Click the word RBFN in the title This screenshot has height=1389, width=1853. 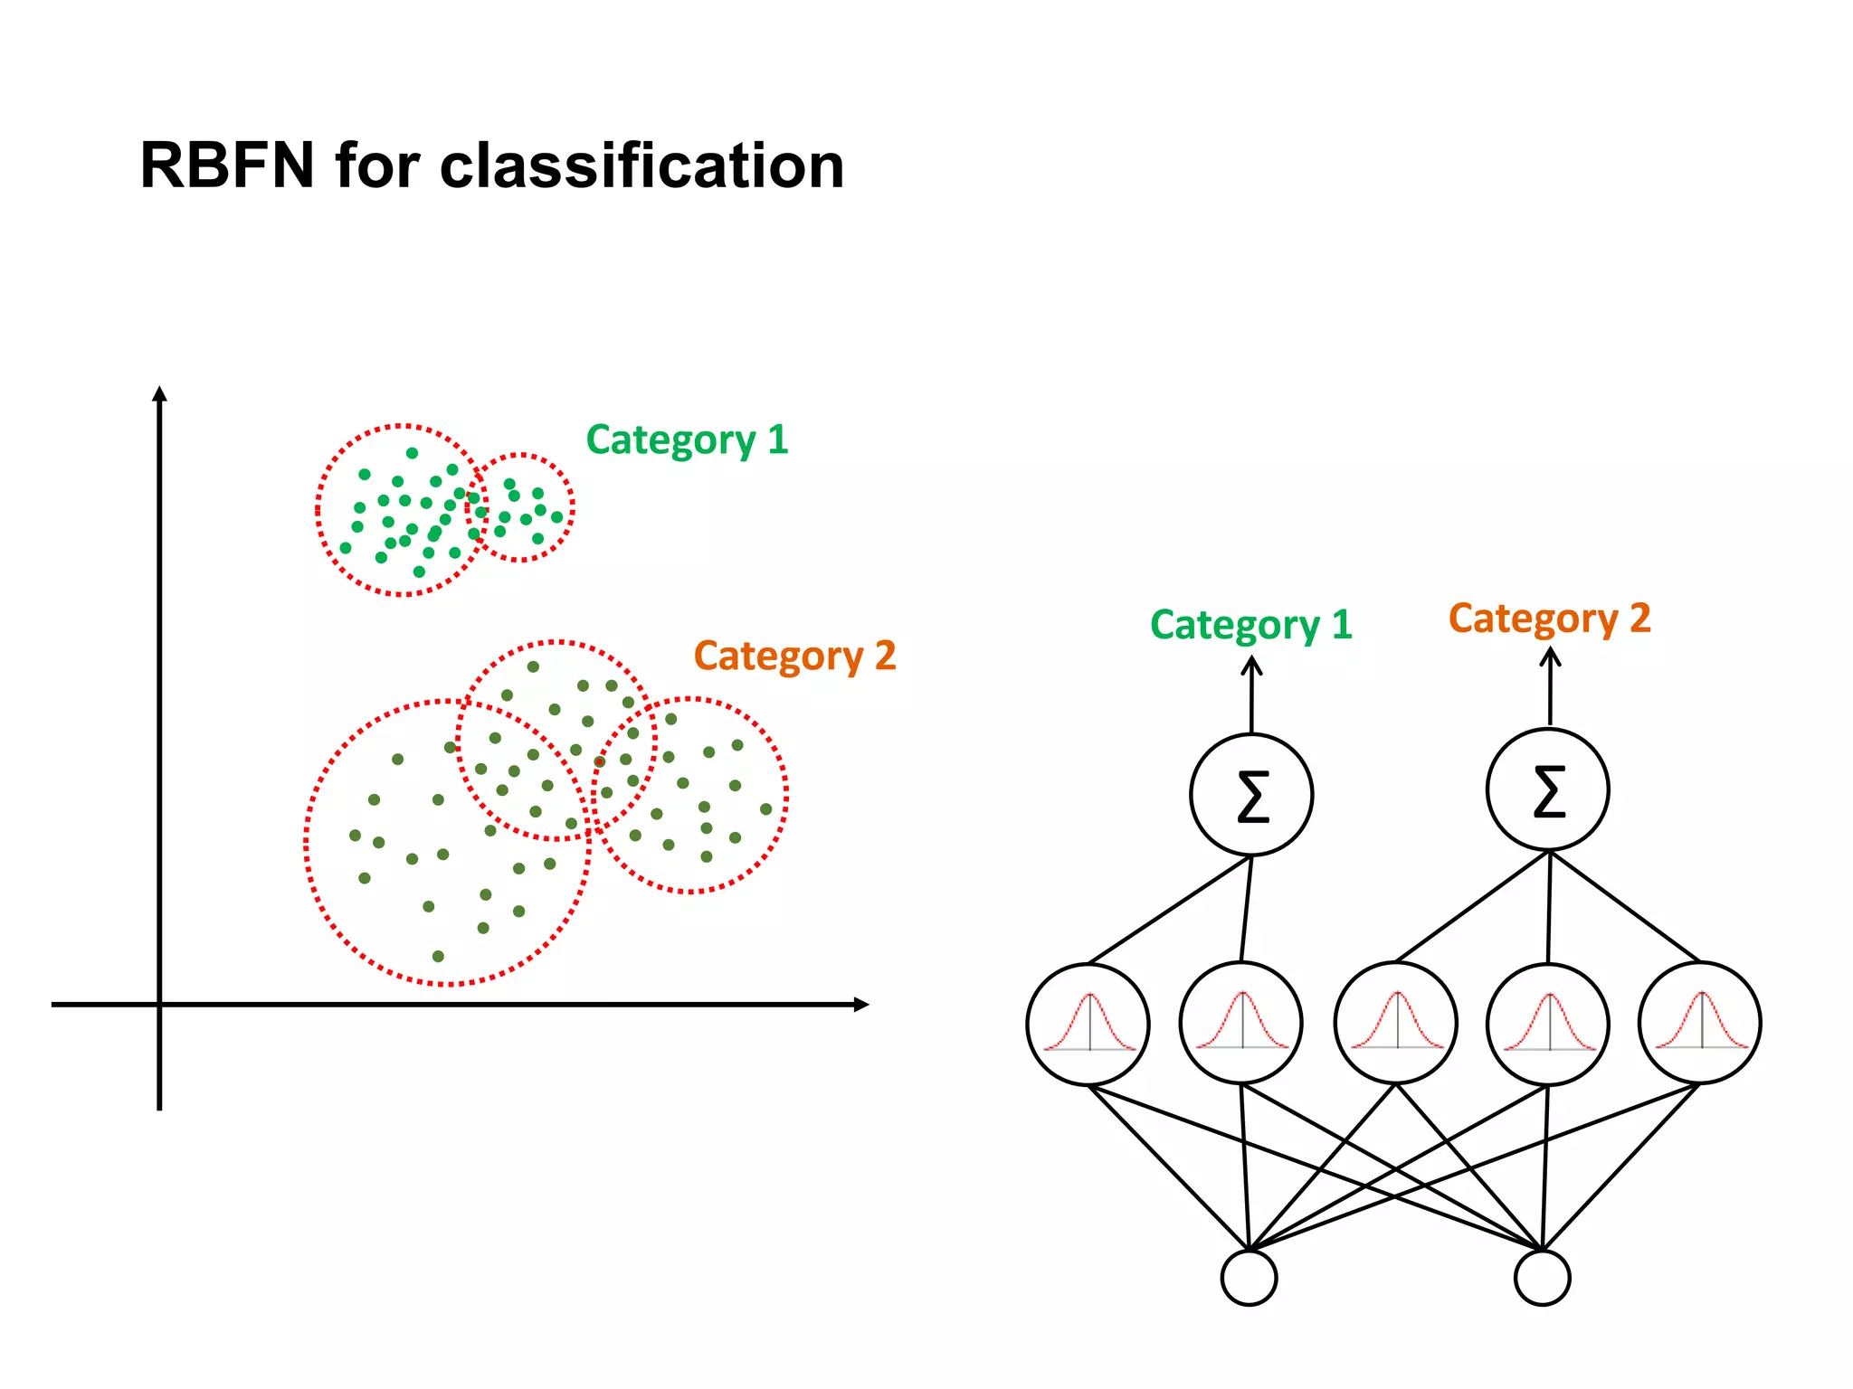(227, 166)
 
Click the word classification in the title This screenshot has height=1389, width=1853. (641, 166)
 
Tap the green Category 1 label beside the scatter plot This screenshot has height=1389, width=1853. (687, 440)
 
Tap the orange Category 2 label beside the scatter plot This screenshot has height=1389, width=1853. (794, 656)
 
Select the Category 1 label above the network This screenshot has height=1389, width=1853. (1250, 625)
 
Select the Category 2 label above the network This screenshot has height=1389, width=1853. (1549, 619)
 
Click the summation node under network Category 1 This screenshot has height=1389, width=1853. (1251, 795)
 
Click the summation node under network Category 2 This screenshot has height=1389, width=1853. (1548, 789)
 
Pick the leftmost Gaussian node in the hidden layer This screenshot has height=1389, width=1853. (1088, 1024)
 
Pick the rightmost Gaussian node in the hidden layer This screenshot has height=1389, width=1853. (1700, 1023)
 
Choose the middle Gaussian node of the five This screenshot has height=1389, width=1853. (1396, 1023)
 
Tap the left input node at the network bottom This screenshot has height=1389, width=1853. (1249, 1278)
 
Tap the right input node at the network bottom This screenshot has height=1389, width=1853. (1542, 1278)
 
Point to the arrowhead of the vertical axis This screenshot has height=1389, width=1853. (159, 393)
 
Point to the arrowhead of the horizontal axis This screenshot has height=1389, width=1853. (861, 1004)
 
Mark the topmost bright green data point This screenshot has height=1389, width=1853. (412, 453)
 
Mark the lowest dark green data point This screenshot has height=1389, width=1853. (438, 956)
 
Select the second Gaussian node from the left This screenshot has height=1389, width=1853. (1241, 1023)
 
